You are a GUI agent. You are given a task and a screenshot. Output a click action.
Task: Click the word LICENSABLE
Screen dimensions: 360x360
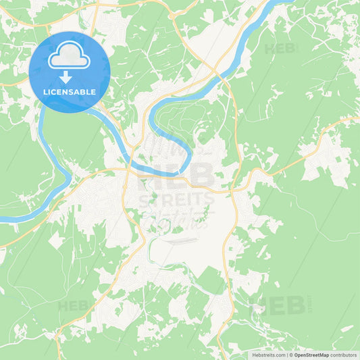(69, 92)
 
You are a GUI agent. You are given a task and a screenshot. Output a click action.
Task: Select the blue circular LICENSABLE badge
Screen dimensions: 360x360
(69, 72)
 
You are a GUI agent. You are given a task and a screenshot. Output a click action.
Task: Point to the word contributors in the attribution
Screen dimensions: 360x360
(344, 355)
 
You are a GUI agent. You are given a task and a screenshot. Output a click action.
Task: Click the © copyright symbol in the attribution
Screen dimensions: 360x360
(290, 355)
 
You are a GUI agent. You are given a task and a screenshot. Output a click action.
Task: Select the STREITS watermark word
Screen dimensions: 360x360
(176, 201)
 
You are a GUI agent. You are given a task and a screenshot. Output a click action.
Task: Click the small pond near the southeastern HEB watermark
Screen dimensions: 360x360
(257, 310)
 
